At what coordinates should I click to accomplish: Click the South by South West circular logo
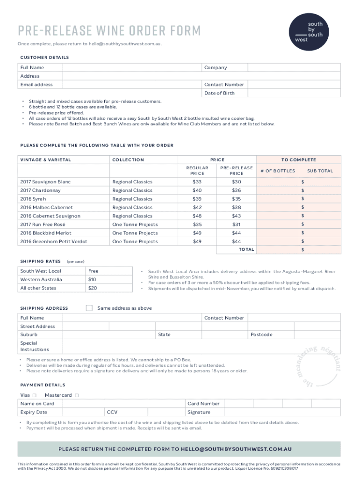[x=309, y=30]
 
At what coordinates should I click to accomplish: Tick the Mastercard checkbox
[x=77, y=395]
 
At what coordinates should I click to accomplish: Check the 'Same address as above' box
[x=89, y=308]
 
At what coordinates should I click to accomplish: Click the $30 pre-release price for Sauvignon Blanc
[x=237, y=181]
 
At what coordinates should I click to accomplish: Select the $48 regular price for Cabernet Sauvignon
[x=197, y=216]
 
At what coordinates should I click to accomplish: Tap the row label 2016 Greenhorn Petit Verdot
[x=54, y=241]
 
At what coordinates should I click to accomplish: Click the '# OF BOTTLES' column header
[x=278, y=171]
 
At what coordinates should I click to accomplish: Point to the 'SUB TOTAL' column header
[x=320, y=171]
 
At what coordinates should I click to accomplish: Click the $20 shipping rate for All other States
[x=93, y=288]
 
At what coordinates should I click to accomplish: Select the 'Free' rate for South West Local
[x=93, y=271]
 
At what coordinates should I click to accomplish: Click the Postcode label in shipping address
[x=261, y=335]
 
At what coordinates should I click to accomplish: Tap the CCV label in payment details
[x=112, y=412]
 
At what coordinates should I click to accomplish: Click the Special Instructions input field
[x=201, y=346]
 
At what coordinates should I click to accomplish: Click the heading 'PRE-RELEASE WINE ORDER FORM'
[x=109, y=31]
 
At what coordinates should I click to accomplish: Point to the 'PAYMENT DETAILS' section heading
[x=43, y=385]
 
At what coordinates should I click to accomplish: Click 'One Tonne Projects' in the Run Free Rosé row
[x=135, y=225]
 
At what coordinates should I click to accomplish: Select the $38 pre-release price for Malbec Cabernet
[x=237, y=207]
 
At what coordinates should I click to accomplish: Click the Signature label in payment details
[x=199, y=412]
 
